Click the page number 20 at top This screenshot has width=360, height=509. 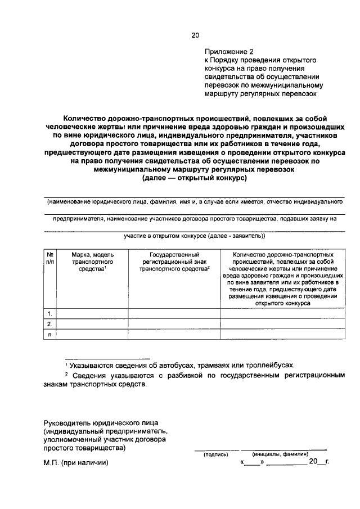(195, 35)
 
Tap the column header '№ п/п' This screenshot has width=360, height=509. (50, 258)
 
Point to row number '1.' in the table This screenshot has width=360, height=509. (50, 313)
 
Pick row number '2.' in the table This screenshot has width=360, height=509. (50, 324)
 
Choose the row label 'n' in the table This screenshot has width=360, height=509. (50, 335)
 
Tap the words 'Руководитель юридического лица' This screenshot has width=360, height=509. (101, 422)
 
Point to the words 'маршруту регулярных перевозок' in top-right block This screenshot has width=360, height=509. (260, 94)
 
